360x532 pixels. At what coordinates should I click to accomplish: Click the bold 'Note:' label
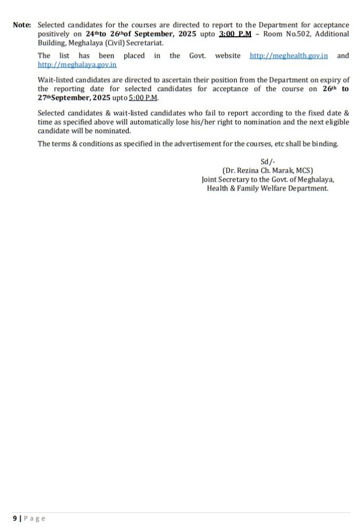(22, 25)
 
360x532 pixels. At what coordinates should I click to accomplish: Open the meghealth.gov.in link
(288, 56)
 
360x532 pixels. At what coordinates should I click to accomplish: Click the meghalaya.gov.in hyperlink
(77, 65)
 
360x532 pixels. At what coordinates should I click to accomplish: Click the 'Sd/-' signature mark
(268, 162)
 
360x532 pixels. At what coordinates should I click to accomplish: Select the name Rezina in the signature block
(248, 170)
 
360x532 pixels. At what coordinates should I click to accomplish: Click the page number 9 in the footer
(15, 518)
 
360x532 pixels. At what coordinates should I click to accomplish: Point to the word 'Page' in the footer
(35, 518)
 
